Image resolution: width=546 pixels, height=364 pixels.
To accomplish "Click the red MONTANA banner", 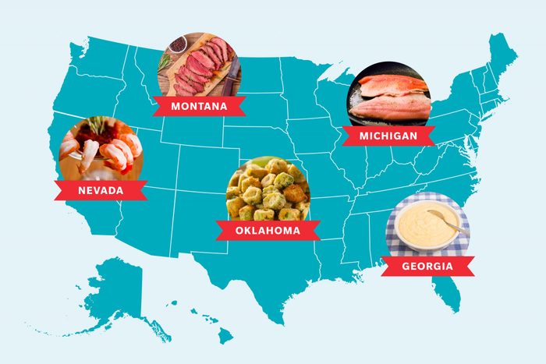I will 199,106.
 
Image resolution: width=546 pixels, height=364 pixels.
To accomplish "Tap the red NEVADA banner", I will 101,190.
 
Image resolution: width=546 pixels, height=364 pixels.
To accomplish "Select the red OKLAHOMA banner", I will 267,230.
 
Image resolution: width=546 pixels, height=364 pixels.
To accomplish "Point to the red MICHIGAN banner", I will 388,136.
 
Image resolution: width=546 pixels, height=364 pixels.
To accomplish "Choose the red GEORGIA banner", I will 427,266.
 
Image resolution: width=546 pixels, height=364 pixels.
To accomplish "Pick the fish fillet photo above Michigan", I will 388,95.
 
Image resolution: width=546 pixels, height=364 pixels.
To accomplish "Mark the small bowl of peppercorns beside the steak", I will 175,44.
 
